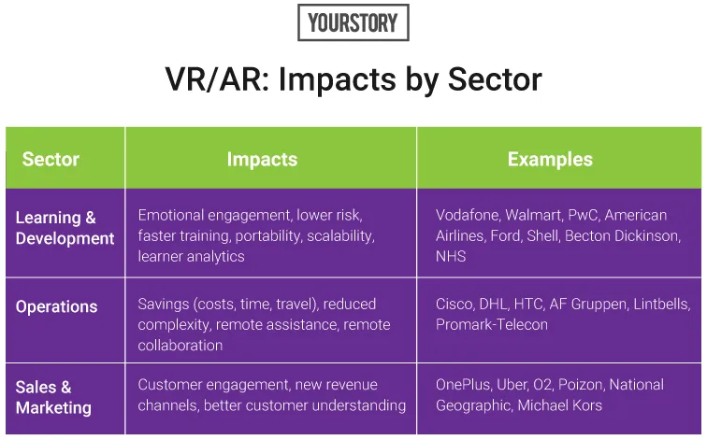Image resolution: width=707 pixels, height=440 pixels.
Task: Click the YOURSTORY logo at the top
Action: [x=353, y=22]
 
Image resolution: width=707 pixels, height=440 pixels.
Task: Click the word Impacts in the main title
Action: [x=336, y=80]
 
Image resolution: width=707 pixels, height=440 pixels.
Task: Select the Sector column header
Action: [x=50, y=159]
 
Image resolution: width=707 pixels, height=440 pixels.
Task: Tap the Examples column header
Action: [x=550, y=159]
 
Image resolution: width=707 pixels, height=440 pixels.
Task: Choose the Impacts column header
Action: [x=262, y=159]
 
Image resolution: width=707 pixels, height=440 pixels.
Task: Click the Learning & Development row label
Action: [x=65, y=228]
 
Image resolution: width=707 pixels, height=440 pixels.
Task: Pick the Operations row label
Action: [x=56, y=306]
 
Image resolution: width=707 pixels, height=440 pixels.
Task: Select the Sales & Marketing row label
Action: [x=53, y=397]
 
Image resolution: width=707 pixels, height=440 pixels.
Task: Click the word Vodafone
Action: [x=468, y=215]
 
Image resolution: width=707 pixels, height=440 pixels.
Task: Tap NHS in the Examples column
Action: [x=451, y=256]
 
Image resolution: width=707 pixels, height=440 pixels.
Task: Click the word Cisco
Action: [x=454, y=304]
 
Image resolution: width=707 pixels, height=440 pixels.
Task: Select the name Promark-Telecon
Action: [x=492, y=325]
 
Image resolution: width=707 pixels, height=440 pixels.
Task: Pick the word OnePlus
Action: [x=464, y=385]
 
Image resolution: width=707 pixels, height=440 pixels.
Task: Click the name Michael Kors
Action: [x=559, y=405]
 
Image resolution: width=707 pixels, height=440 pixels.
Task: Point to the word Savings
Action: [x=164, y=305]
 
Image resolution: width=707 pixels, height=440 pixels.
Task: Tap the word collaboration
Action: [x=180, y=346]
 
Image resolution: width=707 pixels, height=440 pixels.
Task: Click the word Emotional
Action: [x=171, y=215]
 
